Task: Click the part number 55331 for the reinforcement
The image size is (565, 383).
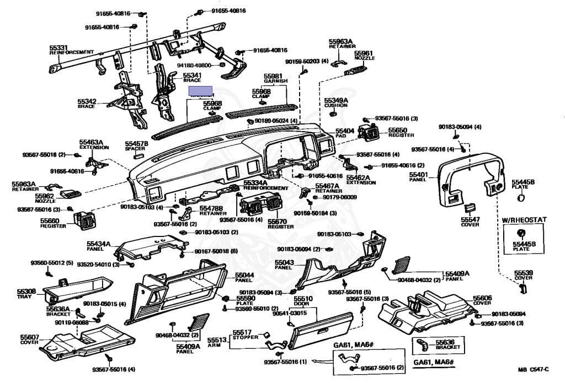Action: click(58, 47)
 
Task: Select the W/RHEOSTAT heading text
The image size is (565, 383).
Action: click(524, 219)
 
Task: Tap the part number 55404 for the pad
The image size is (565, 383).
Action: click(345, 131)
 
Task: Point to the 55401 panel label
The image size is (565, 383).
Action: click(418, 174)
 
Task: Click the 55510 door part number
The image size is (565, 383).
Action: click(303, 299)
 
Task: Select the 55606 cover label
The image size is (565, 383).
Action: click(482, 297)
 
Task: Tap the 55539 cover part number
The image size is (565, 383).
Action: click(524, 272)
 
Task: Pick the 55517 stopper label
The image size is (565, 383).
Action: click(242, 332)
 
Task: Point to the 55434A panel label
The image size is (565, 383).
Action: click(99, 243)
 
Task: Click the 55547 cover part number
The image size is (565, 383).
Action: click(470, 219)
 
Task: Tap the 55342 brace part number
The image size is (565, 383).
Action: click(87, 101)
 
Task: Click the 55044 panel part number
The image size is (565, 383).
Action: click(244, 274)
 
